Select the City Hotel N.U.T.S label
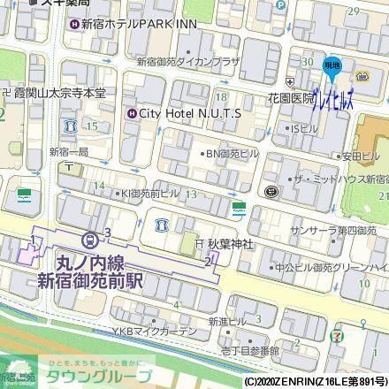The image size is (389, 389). pyautogui.click(x=189, y=113)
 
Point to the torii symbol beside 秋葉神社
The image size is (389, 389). pyautogui.click(x=200, y=243)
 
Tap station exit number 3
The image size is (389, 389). pyautogui.click(x=107, y=233)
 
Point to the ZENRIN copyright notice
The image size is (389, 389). pyautogui.click(x=315, y=382)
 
